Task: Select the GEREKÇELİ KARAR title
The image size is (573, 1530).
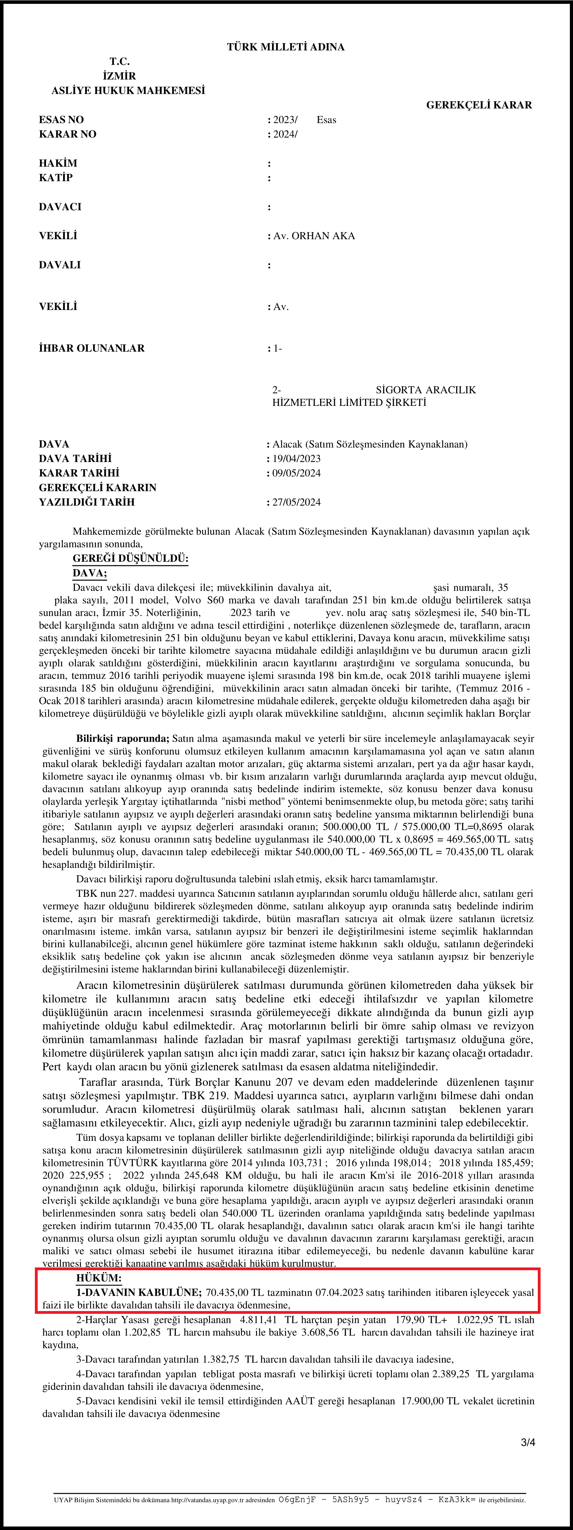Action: (x=478, y=105)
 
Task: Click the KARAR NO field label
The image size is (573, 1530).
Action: (x=67, y=134)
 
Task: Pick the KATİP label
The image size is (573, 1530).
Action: (x=56, y=177)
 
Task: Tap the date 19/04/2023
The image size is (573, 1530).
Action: (x=296, y=459)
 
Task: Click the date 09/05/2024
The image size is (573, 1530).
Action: (x=296, y=474)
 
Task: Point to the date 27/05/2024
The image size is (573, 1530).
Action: (x=296, y=502)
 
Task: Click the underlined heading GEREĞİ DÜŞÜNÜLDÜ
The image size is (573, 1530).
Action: (x=130, y=559)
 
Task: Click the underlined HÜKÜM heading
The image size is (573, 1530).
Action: (x=99, y=1278)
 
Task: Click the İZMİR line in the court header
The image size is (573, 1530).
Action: (x=119, y=76)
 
